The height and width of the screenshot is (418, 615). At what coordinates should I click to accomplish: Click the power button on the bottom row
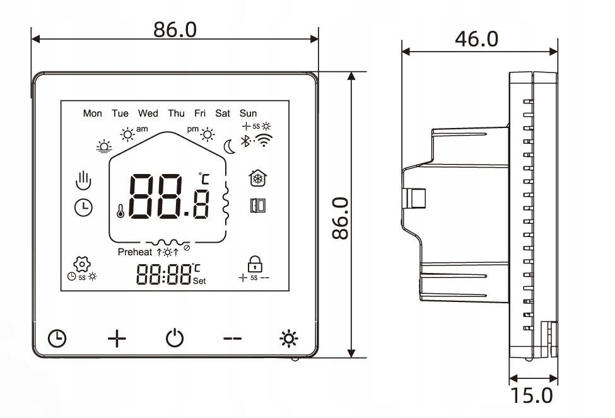(175, 339)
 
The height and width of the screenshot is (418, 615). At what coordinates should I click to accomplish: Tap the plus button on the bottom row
(117, 339)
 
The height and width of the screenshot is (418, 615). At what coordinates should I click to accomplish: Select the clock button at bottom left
(57, 339)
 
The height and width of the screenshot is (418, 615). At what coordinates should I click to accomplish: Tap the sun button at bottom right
(289, 339)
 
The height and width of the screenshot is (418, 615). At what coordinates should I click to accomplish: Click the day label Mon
(92, 113)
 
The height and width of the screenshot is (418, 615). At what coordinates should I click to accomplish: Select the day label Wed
(148, 113)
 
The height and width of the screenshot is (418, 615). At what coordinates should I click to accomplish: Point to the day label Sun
(248, 113)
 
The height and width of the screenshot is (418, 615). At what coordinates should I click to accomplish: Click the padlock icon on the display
(255, 263)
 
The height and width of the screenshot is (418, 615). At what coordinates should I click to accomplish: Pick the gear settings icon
(80, 264)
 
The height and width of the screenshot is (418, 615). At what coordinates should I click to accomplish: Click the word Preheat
(135, 252)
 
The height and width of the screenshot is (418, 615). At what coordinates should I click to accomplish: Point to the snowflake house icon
(257, 178)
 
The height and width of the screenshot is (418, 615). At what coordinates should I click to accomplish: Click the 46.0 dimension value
(476, 39)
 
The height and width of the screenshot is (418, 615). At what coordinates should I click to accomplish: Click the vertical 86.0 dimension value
(340, 218)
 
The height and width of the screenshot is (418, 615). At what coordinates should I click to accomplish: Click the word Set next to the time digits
(199, 281)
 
